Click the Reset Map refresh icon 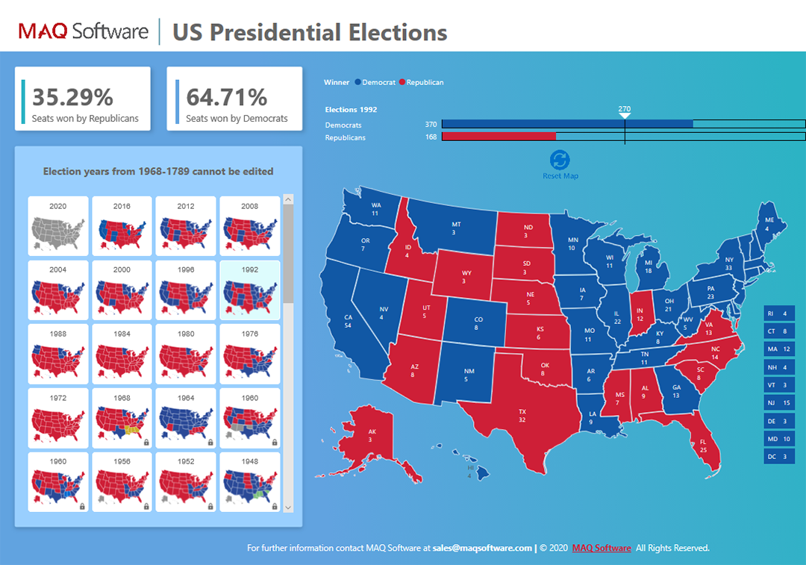click(x=560, y=160)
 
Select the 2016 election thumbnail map click(x=122, y=225)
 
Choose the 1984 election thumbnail click(x=122, y=354)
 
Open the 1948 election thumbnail click(x=250, y=482)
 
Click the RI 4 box click(x=779, y=313)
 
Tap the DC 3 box click(x=779, y=456)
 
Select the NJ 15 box click(x=779, y=402)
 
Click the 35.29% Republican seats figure click(x=72, y=97)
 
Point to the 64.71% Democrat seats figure click(x=227, y=97)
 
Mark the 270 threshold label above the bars click(x=625, y=109)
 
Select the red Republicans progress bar click(x=499, y=137)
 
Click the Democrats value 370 click(x=431, y=124)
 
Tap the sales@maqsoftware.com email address click(x=482, y=548)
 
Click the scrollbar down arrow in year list click(x=289, y=507)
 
